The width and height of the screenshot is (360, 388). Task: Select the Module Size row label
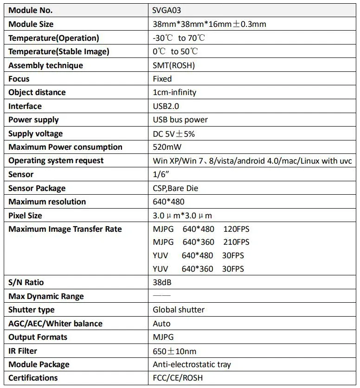(31, 24)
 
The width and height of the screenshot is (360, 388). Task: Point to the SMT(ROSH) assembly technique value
(174, 65)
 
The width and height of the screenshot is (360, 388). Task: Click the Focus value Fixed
(162, 79)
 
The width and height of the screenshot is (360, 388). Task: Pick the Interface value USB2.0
(166, 106)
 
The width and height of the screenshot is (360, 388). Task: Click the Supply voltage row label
(35, 134)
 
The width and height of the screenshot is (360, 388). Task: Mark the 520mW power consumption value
(167, 147)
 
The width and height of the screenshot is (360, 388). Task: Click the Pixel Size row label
(25, 216)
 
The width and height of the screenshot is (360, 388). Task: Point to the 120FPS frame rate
(236, 229)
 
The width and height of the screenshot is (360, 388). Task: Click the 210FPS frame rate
(236, 242)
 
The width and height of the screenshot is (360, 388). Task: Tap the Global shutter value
(179, 310)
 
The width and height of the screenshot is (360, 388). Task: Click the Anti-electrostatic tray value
(192, 364)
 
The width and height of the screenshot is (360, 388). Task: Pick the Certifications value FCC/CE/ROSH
(178, 378)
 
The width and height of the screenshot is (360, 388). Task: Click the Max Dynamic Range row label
(46, 296)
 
